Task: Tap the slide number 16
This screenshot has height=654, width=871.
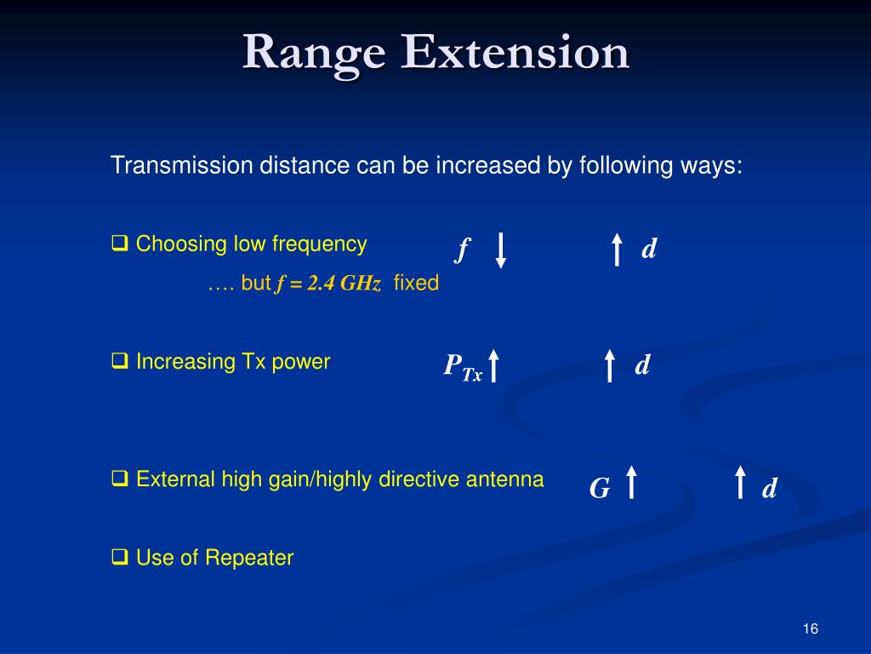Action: (810, 628)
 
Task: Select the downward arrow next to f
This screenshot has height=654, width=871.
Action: (501, 250)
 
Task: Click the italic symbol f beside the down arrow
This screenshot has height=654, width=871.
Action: (463, 250)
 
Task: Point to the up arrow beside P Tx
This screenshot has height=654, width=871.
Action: (494, 366)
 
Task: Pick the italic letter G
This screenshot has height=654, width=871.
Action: (600, 489)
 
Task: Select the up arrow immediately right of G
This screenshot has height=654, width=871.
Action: (631, 481)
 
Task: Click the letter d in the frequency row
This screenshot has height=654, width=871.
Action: (649, 250)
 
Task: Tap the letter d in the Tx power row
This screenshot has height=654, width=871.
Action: (642, 366)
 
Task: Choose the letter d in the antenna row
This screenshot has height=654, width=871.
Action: (769, 489)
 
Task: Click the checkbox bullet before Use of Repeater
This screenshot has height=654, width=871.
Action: (119, 559)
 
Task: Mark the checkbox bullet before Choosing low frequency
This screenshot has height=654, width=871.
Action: (119, 245)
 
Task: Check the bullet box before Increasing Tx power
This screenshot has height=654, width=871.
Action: (119, 363)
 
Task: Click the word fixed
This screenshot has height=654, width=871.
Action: (416, 284)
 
